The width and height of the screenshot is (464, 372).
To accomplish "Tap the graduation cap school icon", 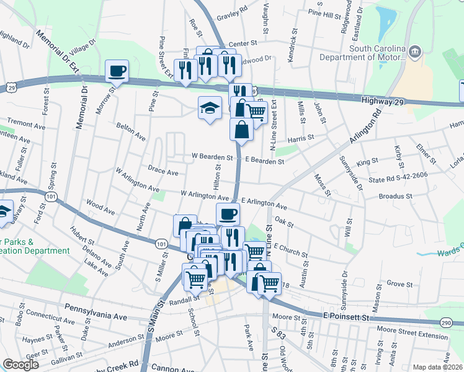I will [210, 108].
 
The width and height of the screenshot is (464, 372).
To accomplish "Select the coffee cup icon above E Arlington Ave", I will [228, 214].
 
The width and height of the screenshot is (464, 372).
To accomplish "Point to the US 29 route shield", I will [12, 89].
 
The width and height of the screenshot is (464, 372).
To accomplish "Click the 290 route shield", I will [445, 323].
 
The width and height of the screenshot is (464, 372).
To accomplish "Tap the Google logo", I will [21, 364].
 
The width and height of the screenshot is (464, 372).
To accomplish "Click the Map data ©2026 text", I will [437, 366].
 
